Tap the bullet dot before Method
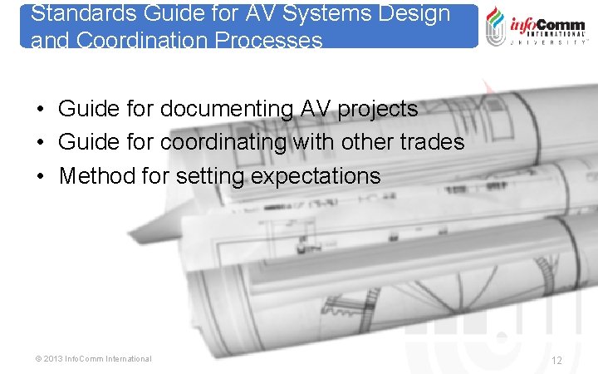coord(40,176)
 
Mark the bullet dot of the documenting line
coord(40,109)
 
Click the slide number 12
coord(556,360)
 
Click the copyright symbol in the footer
coord(38,359)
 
